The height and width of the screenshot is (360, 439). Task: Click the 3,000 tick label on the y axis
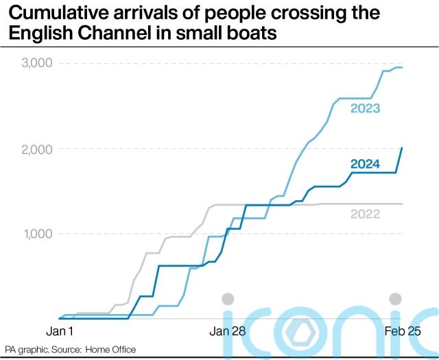point(36,64)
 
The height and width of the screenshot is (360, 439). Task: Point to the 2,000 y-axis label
point(36,149)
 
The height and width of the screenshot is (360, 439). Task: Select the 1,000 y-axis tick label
point(36,234)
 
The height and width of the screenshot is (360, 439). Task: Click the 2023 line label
point(365,108)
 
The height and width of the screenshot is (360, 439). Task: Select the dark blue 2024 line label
point(365,163)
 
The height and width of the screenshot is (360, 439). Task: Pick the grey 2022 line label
point(365,214)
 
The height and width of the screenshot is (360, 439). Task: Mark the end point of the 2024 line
point(402,147)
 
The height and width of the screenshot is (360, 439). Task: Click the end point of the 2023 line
point(402,67)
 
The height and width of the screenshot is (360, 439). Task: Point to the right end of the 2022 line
point(402,204)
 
